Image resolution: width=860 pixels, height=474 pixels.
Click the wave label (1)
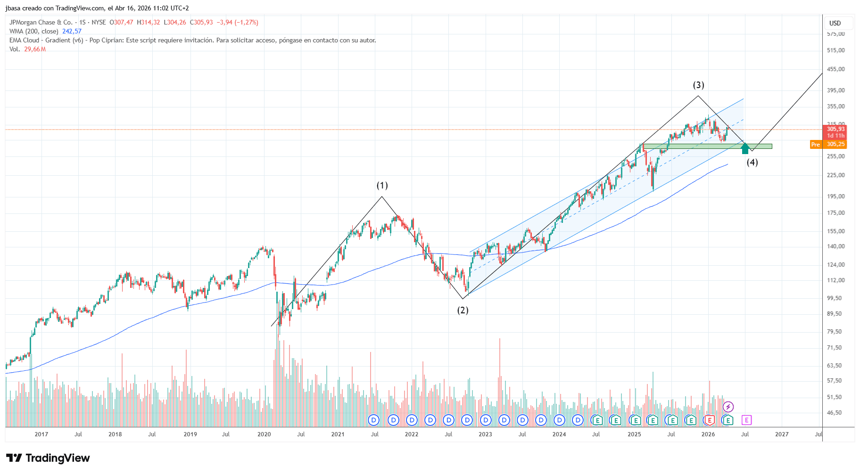[x=382, y=186]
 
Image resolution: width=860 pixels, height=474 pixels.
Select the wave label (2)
[x=463, y=310]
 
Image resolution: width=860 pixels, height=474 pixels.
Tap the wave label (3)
[x=698, y=85]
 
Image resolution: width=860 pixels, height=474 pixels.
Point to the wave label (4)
[x=752, y=163]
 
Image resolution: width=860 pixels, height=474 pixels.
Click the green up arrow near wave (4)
[x=745, y=149]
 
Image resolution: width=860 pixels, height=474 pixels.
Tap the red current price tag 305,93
[x=835, y=129]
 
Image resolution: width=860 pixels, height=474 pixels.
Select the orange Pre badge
[x=815, y=145]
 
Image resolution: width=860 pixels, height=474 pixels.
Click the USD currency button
[x=835, y=23]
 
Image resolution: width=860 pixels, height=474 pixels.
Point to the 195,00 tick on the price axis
[x=836, y=196]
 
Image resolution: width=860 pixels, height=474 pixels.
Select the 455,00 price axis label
[x=836, y=69]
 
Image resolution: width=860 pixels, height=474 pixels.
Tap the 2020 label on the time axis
[x=264, y=434]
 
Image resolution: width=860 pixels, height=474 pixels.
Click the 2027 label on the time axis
[x=782, y=434]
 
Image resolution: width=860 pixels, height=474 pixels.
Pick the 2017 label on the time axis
[x=41, y=434]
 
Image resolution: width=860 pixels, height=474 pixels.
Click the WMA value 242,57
[x=72, y=32]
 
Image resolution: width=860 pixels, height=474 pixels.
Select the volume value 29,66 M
[x=35, y=49]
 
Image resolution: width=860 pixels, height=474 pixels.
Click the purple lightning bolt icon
[x=728, y=407]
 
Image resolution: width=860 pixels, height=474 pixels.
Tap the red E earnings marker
[x=709, y=420]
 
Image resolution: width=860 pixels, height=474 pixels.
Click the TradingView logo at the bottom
[x=48, y=458]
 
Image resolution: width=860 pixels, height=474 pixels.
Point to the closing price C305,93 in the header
[x=201, y=23]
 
